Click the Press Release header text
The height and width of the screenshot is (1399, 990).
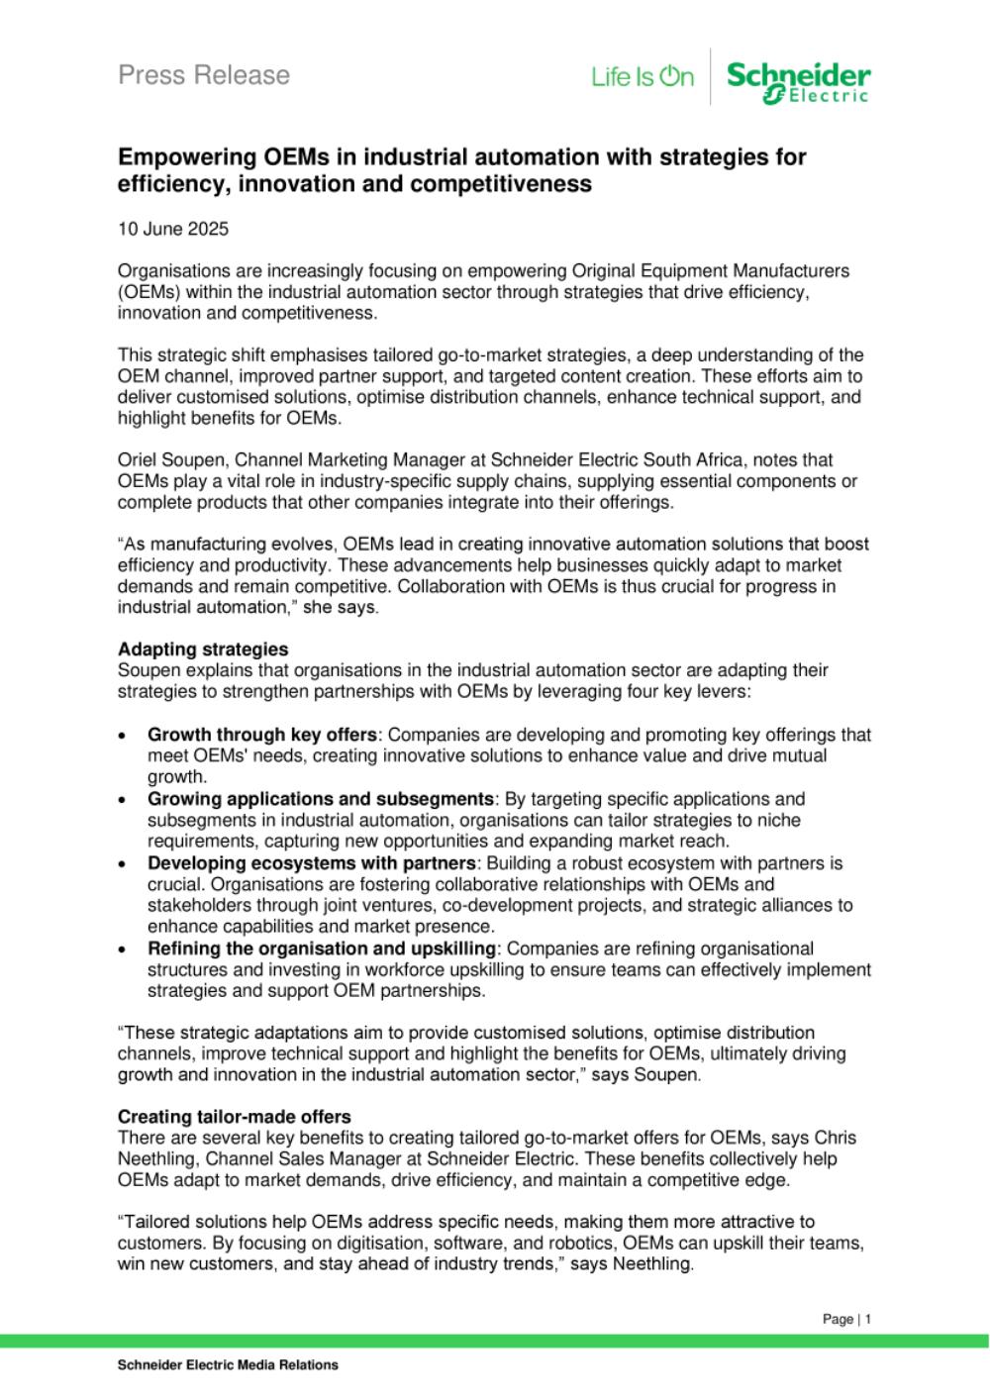point(204,75)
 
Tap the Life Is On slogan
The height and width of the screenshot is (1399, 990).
point(643,76)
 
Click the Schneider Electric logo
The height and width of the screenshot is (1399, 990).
point(798,80)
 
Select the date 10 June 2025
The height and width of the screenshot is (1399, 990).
point(173,229)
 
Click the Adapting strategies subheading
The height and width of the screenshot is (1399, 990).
point(203,650)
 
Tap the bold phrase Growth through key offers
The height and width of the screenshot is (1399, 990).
point(262,735)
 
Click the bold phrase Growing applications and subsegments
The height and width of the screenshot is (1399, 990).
point(321,799)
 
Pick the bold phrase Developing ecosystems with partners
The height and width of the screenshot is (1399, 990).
point(311,863)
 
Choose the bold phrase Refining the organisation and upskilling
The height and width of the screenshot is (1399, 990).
point(321,949)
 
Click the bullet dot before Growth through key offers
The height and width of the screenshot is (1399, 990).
point(122,737)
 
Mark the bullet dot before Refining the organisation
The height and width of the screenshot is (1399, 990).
point(122,950)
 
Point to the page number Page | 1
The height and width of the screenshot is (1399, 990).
point(846,1319)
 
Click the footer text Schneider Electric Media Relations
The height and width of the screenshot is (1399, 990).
point(228,1364)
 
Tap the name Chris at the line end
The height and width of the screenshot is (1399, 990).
point(837,1138)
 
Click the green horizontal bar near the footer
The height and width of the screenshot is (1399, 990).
point(495,1341)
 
